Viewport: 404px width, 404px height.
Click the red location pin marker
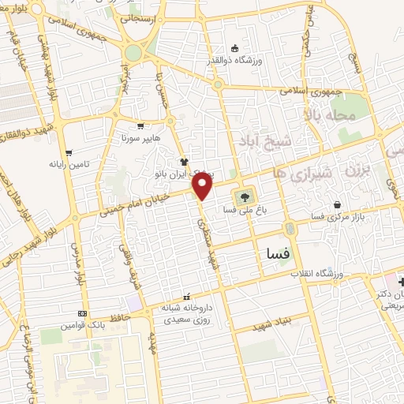pos(203,186)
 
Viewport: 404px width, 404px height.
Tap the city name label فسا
pos(273,255)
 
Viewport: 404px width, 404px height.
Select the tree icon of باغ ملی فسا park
pos(243,197)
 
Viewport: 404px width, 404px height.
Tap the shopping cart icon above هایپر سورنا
pos(140,125)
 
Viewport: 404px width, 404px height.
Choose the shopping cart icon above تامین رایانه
pos(69,152)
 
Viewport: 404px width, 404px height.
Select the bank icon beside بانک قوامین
pos(83,313)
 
